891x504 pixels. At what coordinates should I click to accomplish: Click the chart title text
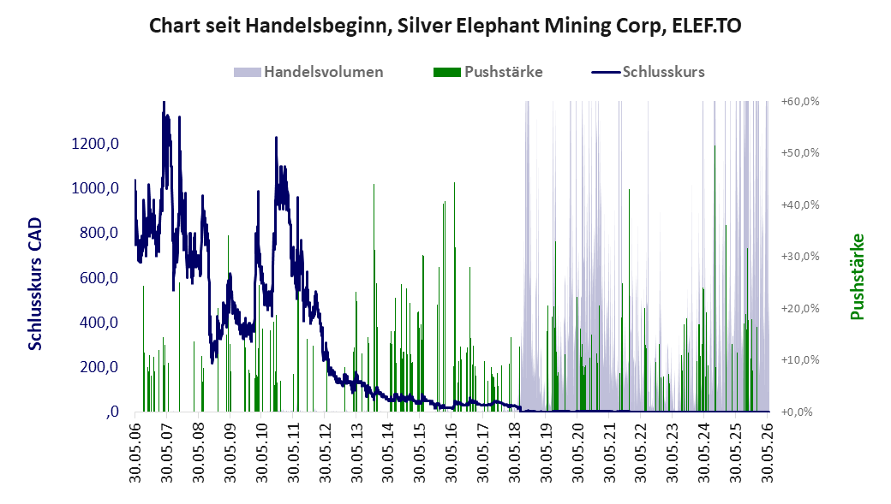click(445, 27)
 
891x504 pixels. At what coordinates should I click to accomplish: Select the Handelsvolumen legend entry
click(308, 72)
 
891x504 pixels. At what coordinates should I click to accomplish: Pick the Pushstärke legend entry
click(487, 72)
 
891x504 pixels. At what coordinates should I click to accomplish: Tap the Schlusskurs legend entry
click(648, 72)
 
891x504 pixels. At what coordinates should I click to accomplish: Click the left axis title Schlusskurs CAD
click(35, 284)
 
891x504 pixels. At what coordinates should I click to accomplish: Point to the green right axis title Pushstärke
click(857, 277)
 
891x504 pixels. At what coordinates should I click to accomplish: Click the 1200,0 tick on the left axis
click(95, 144)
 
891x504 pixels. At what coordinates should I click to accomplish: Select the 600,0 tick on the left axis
click(99, 278)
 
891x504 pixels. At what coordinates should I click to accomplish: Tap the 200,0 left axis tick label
click(99, 367)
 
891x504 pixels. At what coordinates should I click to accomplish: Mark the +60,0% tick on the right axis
click(801, 102)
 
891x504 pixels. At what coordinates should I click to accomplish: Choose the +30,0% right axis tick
click(801, 257)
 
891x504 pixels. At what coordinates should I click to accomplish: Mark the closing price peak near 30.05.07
click(164, 102)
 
